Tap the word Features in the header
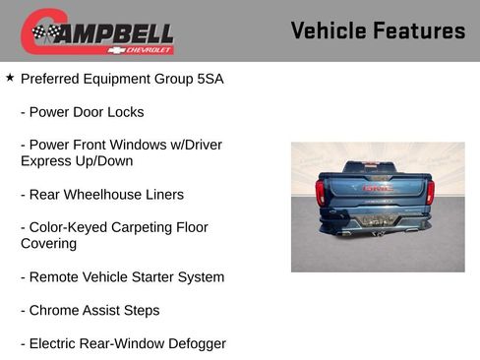click(419, 30)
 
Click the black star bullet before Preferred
click(10, 77)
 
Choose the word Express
click(46, 161)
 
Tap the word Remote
click(55, 277)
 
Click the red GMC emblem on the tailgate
click(377, 188)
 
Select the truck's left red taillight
click(321, 191)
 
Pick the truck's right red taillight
click(430, 191)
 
